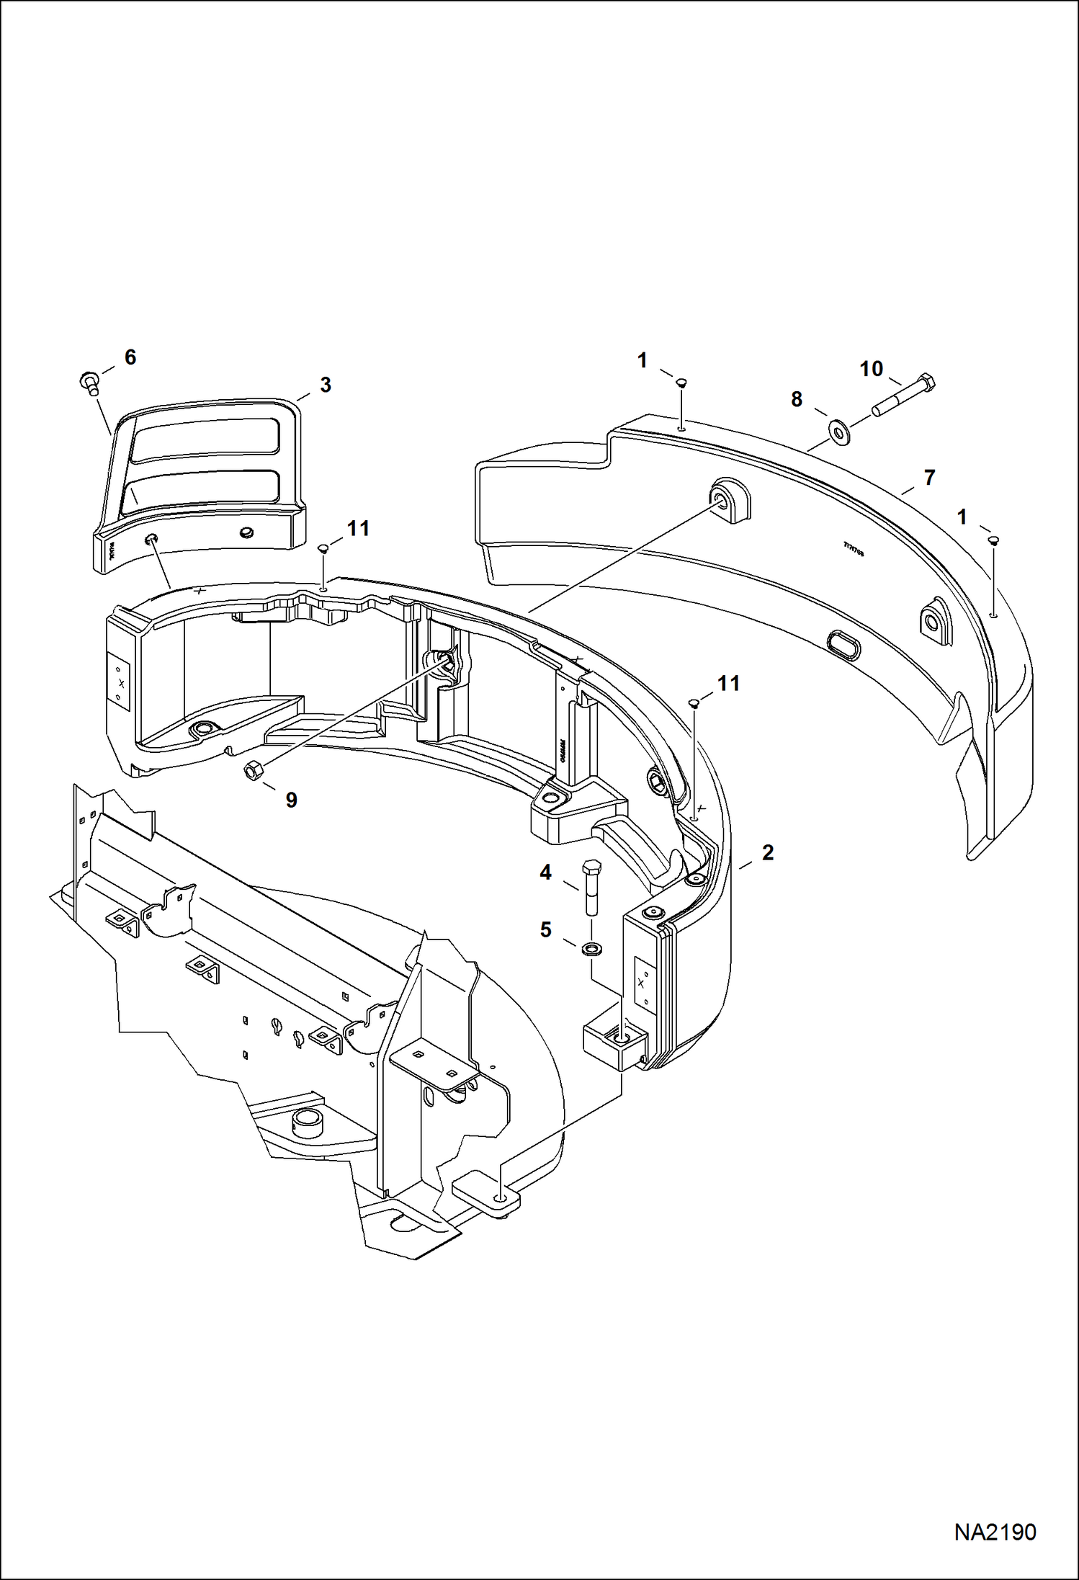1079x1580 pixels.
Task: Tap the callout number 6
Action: click(x=130, y=357)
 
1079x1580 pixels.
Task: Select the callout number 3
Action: click(x=325, y=385)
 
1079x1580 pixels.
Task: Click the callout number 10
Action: click(x=871, y=369)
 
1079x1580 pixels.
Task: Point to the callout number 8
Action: click(x=796, y=399)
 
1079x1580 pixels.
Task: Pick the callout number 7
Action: click(x=929, y=477)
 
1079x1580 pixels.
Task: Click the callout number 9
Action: click(x=291, y=800)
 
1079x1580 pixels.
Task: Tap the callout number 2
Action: click(x=767, y=852)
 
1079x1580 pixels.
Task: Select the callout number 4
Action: click(x=545, y=872)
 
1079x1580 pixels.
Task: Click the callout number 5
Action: click(x=545, y=930)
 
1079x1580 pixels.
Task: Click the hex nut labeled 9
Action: click(x=253, y=772)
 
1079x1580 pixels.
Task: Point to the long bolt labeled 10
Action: click(x=905, y=395)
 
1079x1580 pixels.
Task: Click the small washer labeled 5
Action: click(x=592, y=946)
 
